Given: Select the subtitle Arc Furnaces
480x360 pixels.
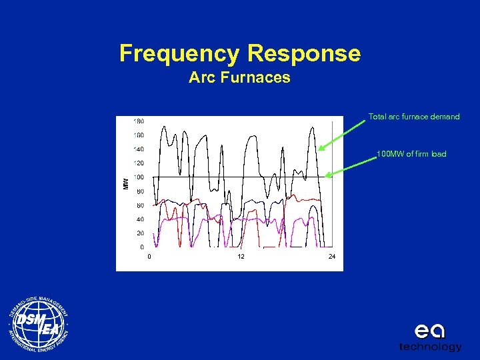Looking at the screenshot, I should pos(239,77).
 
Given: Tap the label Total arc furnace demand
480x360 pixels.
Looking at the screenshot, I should pos(414,117).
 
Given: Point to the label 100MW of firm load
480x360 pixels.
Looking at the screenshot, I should pos(411,154).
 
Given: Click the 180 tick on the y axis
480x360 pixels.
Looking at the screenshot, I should pos(139,121).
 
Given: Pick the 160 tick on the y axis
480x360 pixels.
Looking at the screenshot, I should pos(139,135).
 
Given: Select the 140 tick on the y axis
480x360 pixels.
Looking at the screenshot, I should pos(139,149).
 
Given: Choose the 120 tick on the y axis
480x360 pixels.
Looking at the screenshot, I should pos(139,163).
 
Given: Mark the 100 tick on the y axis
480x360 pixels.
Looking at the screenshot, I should pos(139,177).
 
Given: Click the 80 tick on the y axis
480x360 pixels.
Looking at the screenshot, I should pos(140,191).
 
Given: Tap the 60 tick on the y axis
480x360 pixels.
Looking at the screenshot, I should pos(140,205).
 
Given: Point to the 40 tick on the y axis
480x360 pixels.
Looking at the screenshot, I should pos(140,219).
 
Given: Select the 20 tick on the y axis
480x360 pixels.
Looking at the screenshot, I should pos(140,233).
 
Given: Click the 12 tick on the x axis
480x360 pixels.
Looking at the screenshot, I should pos(241,257).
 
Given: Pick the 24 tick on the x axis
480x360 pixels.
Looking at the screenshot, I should pos(332,257).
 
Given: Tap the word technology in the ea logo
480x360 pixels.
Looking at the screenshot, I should pos(430,347).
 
